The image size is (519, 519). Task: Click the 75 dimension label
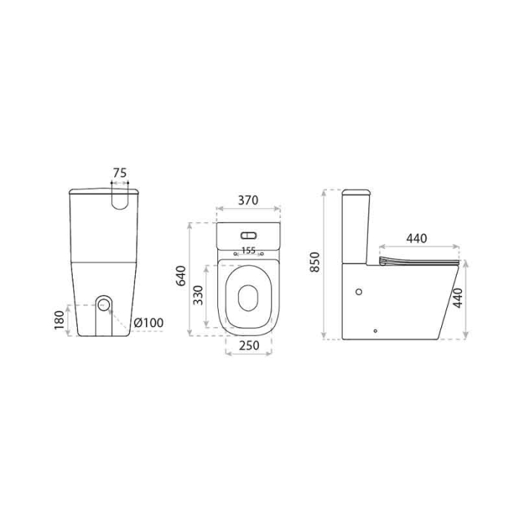coord(119,172)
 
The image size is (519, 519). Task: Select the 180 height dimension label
coord(59,320)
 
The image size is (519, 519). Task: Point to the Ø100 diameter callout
coord(148,323)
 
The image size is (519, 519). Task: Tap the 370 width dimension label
coord(248,200)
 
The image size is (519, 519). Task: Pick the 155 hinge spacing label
coord(248,251)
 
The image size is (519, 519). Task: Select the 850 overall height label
coord(314,264)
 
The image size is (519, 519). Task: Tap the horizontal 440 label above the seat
coord(417,239)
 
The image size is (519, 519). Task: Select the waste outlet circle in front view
coord(104,304)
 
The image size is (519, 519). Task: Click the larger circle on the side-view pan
coord(360,291)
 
